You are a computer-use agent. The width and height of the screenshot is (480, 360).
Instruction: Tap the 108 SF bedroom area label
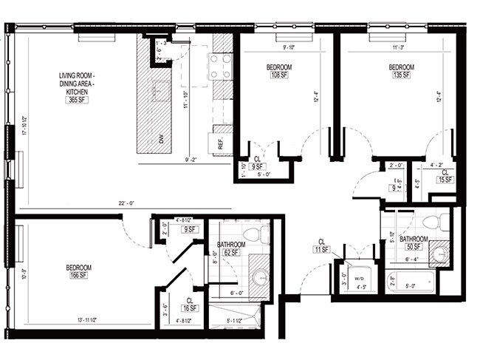[279, 75]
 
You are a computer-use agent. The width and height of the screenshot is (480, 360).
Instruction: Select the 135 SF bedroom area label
[402, 75]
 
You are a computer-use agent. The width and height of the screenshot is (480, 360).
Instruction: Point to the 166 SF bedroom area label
[77, 276]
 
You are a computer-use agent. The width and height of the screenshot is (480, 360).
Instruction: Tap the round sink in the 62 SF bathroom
[261, 277]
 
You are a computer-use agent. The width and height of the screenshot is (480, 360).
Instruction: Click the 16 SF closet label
[190, 309]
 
